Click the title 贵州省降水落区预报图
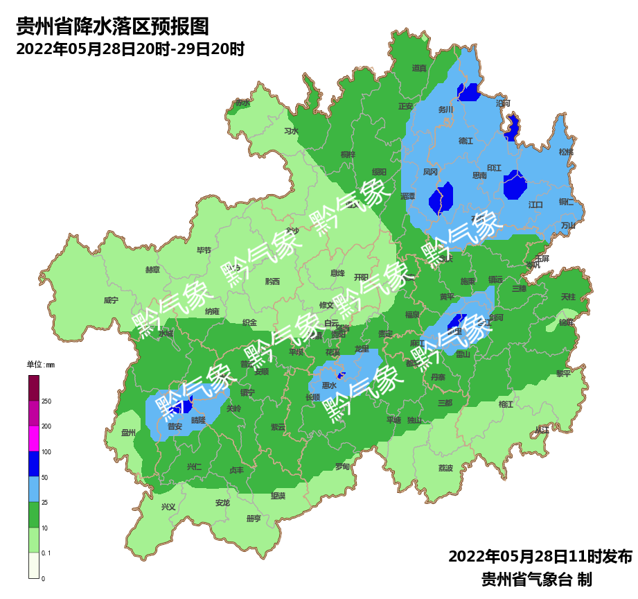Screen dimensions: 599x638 pos(112,27)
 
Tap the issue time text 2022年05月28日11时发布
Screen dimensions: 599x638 pos(540,557)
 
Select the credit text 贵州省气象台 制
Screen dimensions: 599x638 pos(536,579)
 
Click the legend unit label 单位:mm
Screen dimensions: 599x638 pos(40,365)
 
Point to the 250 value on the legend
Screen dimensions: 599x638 pos(46,401)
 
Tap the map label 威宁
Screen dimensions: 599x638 pos(111,300)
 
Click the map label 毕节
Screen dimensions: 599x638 pos(204,250)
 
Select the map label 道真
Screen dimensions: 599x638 pos(419,68)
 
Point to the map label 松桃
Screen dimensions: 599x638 pos(566,152)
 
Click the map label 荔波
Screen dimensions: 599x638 pos(445,468)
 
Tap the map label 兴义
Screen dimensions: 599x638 pos(168,507)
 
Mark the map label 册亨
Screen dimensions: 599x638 pos(254,519)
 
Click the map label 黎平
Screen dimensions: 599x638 pos(563,373)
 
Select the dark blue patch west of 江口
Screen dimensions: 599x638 pos(515,185)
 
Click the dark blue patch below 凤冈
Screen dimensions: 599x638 pos(441,198)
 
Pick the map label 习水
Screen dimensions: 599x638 pos(291,131)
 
